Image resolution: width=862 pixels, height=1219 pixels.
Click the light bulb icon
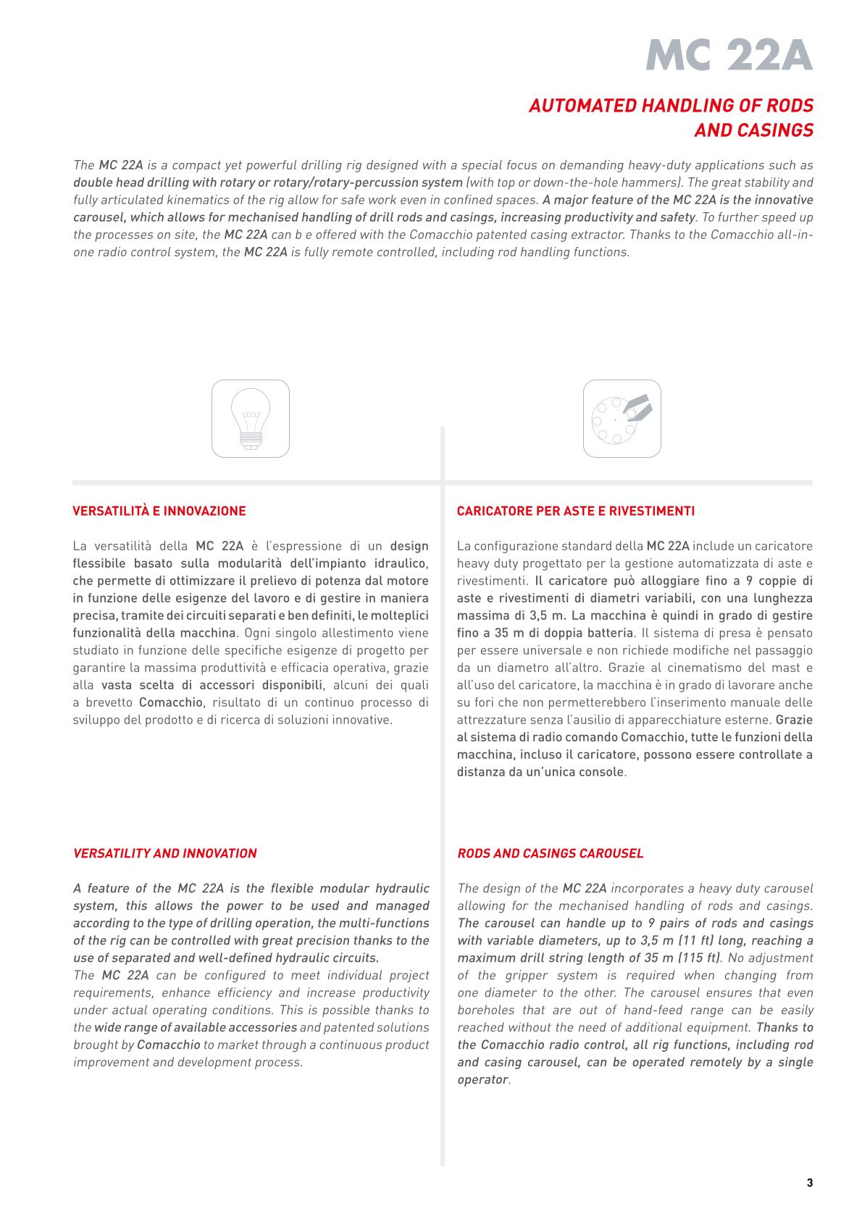[251, 419]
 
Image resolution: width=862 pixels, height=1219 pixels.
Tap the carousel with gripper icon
[622, 419]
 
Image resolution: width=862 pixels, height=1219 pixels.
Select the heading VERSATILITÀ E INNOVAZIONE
[159, 511]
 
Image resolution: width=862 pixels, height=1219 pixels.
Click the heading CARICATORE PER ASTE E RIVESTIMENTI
[576, 511]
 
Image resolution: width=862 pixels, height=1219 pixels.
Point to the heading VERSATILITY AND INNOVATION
[165, 853]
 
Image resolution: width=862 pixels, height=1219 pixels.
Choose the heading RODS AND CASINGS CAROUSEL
[551, 853]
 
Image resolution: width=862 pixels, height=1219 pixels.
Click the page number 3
[809, 1184]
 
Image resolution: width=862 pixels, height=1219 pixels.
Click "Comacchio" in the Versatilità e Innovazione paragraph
[172, 703]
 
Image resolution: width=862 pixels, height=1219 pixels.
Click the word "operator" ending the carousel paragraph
[482, 1080]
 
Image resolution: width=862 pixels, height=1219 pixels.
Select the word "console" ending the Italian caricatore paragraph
[604, 772]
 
